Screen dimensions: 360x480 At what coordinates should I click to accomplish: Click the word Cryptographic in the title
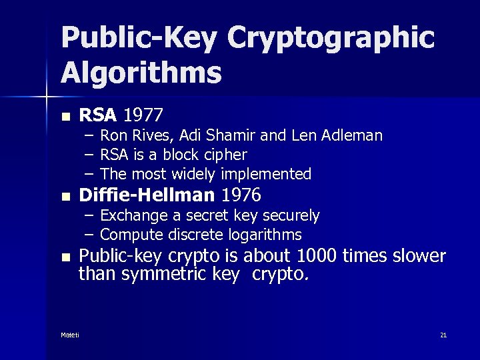pyautogui.click(x=331, y=39)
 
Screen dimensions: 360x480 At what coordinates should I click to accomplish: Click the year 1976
pyautogui.click(x=241, y=195)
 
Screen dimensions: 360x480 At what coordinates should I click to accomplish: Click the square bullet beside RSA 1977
pyautogui.click(x=65, y=116)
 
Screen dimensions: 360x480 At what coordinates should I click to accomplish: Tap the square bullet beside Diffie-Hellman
pyautogui.click(x=65, y=197)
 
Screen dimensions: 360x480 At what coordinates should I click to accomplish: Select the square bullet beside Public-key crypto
pyautogui.click(x=65, y=257)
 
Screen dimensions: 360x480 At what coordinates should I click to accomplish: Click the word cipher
pyautogui.click(x=226, y=155)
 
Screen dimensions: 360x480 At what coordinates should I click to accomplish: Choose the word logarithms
pyautogui.click(x=265, y=235)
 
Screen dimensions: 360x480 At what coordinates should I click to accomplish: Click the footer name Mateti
pyautogui.click(x=69, y=335)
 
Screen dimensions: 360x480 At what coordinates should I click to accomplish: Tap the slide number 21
pyautogui.click(x=443, y=335)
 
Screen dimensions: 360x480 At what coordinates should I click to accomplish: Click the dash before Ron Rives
pyautogui.click(x=89, y=136)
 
